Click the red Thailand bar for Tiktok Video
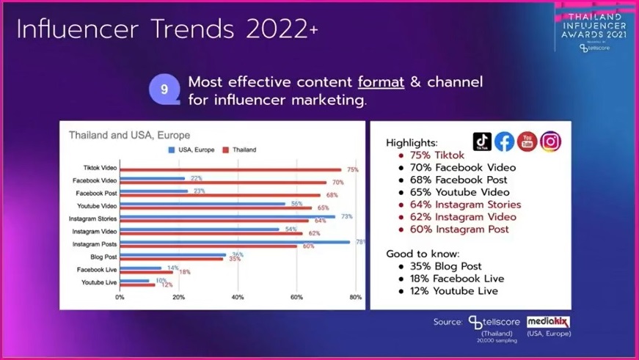point(230,170)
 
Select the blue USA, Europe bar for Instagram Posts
point(235,241)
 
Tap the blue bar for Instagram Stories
point(227,216)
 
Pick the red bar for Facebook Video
point(223,183)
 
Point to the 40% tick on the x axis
point(238,298)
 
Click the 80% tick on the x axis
point(356,298)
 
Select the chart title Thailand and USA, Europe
point(129,135)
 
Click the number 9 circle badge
point(164,89)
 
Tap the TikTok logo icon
point(482,142)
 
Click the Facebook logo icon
point(504,142)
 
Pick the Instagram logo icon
point(550,142)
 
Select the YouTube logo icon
point(527,142)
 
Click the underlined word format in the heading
point(381,81)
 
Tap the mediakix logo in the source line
point(548,322)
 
